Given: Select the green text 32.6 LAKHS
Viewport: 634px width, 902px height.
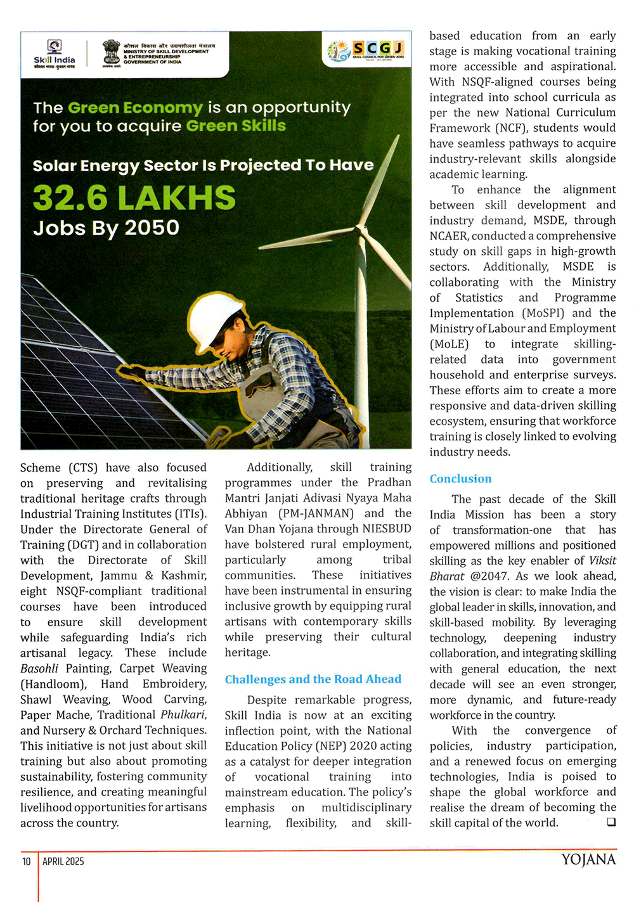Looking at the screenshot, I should [134, 197].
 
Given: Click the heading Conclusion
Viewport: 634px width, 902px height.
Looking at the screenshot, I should [460, 479].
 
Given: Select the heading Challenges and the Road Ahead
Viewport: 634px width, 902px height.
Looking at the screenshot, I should [313, 679].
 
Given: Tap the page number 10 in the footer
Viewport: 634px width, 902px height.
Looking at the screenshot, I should [27, 861].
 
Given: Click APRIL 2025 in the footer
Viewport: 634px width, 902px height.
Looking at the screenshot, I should [63, 861].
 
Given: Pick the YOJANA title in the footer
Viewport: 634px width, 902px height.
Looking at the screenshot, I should [588, 860].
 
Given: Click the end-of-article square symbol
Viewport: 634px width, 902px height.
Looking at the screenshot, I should [611, 822].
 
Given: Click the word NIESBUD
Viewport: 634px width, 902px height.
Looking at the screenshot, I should [387, 529].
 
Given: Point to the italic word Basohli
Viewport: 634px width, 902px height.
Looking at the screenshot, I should [39, 668].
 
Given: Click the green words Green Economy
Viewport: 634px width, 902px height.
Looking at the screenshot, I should [135, 108].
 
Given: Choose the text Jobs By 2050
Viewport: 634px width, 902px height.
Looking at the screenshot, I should [106, 228].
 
